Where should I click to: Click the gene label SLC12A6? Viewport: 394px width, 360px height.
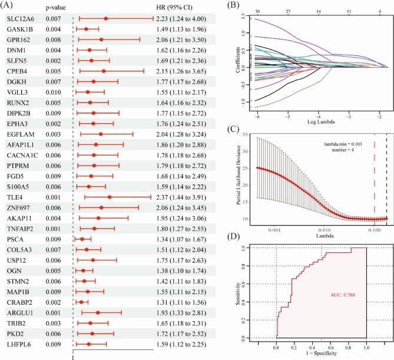point(21,19)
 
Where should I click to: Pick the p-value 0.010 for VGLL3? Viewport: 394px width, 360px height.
point(54,93)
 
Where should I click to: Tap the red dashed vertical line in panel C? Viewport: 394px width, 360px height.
point(373,177)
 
